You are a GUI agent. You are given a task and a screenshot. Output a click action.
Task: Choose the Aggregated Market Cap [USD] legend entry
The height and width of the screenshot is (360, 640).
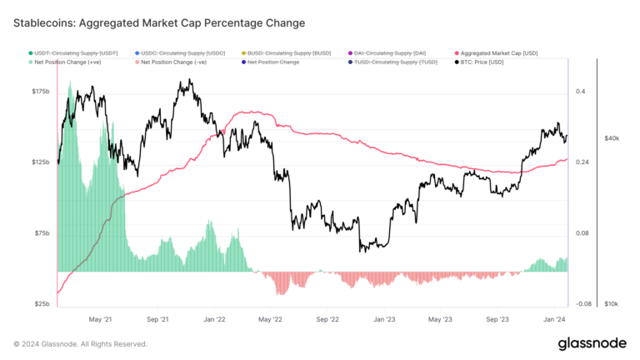pos(497,52)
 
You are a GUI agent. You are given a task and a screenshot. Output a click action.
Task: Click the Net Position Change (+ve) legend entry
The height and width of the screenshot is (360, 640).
pos(71,62)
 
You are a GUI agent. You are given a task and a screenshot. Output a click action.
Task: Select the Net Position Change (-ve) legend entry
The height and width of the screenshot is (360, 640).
pos(175,62)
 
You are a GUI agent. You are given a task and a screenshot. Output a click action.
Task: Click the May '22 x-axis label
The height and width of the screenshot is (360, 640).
pos(271,318)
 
